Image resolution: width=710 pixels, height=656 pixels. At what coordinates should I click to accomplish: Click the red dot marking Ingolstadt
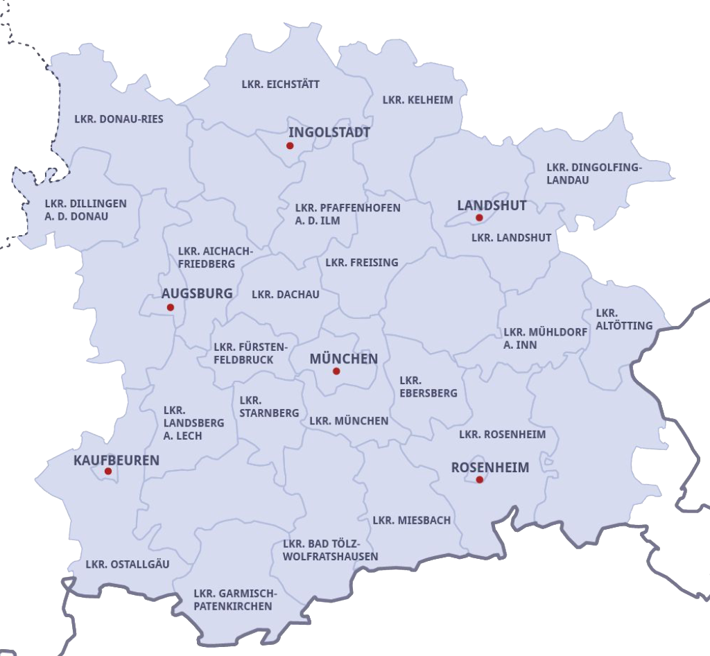pos(290,146)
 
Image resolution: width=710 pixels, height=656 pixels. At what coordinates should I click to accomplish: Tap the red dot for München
pos(336,371)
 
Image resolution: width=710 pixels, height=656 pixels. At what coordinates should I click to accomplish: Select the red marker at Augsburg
pos(171,307)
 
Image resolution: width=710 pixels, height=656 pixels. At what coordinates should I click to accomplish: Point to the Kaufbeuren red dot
pos(108,472)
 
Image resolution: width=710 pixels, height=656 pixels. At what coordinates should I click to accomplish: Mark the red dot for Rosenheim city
pos(479,479)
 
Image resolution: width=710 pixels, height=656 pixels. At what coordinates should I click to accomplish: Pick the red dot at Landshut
pos(479,218)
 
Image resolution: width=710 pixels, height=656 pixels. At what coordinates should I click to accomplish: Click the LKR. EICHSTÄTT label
pos(281,85)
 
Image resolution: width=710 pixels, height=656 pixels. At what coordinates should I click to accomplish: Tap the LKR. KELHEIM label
pos(417,100)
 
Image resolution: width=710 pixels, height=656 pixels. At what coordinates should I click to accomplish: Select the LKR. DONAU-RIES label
pos(119,119)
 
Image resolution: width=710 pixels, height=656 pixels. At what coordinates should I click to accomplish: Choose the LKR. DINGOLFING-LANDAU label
pos(594,173)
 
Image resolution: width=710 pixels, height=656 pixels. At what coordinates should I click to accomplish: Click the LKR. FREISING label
pos(362,262)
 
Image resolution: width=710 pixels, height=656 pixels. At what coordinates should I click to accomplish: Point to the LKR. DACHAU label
pos(286,294)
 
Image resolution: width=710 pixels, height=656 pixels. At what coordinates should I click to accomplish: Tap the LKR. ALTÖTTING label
pos(624,319)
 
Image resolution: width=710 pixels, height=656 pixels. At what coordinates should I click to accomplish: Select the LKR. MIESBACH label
pos(412,520)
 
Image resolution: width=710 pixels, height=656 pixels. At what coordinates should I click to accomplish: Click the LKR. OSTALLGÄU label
pos(128,564)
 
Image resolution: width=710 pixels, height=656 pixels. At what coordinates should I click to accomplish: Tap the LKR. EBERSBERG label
pos(428,386)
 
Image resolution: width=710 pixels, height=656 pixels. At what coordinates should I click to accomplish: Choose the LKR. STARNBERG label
pos(269,406)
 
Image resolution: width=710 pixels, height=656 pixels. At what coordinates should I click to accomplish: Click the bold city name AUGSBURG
pos(197,293)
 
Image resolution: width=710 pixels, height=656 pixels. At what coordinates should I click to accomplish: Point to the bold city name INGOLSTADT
pos(329,132)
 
